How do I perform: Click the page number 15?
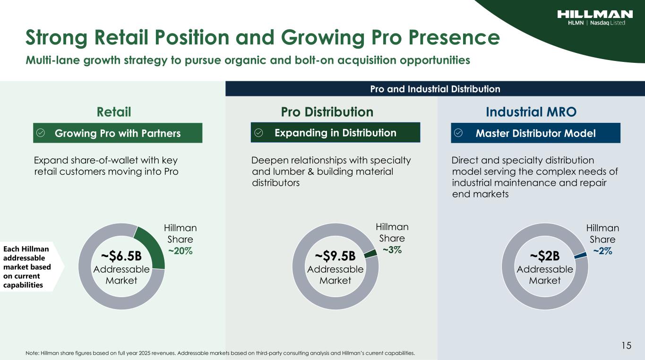[x=626, y=345]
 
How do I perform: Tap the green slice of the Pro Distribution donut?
[x=370, y=253]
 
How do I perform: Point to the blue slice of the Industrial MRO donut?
[x=580, y=255]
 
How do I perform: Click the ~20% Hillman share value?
[x=180, y=251]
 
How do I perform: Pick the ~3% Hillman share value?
[x=392, y=250]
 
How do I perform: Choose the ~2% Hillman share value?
[x=602, y=251]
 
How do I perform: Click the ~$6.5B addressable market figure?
[x=121, y=256]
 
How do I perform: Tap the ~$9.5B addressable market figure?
[x=335, y=256]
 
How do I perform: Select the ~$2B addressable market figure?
[x=545, y=256]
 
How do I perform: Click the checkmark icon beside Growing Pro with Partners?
[x=41, y=133]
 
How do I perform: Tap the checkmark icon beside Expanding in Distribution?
[x=258, y=132]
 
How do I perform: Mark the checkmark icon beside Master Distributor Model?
[x=458, y=133]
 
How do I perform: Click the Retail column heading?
[x=114, y=112]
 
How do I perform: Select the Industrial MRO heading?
[x=531, y=112]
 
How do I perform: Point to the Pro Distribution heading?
[x=327, y=112]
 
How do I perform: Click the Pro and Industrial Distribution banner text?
[x=435, y=89]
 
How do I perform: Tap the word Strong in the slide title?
[x=56, y=38]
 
